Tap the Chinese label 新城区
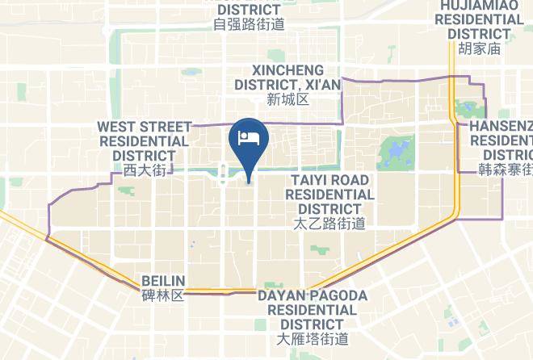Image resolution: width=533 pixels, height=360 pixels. point(288,100)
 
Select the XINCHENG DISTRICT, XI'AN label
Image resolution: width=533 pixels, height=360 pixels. point(288,77)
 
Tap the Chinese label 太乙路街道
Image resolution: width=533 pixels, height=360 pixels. point(329,224)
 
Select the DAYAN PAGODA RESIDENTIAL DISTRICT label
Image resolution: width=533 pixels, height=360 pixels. point(313,309)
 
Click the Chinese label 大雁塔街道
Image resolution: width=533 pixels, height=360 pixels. point(313,338)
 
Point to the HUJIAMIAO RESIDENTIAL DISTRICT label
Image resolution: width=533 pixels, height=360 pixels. point(480,19)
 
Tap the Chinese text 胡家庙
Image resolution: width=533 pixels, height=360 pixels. point(480,48)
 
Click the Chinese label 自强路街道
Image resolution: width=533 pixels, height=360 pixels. point(249,24)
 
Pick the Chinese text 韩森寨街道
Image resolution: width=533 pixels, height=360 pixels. point(506,170)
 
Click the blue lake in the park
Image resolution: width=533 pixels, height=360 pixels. point(393,150)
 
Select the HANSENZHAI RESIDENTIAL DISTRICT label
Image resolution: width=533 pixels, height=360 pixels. point(506,140)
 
